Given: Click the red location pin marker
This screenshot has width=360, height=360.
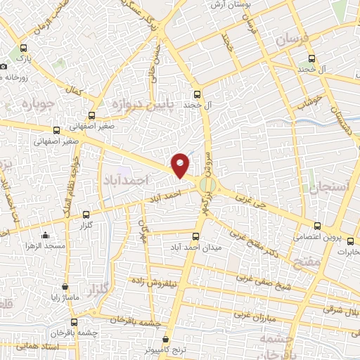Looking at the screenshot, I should coord(181,165).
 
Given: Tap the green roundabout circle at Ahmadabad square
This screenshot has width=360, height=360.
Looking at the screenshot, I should coord(207,185).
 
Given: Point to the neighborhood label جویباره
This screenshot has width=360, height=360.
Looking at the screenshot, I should coord(27,105).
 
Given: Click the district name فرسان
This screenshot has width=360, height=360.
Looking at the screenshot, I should coord(292,41).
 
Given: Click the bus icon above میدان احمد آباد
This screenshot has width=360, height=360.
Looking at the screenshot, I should coord(198,236).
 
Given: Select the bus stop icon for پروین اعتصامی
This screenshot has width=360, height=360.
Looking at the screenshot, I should coord(319,226).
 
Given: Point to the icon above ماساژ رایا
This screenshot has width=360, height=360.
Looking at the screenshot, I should coord(65,288).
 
